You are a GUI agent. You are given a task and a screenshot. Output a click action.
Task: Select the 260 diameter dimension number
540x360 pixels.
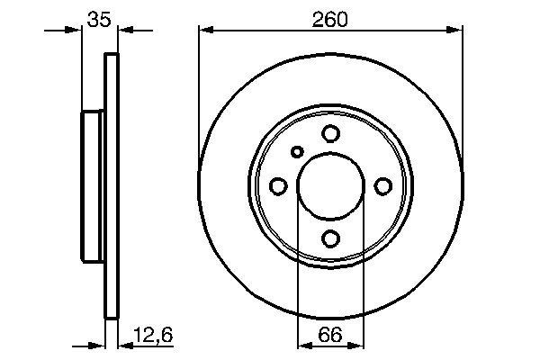click(330, 17)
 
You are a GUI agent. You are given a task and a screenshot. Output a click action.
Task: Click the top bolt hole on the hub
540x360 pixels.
click(330, 134)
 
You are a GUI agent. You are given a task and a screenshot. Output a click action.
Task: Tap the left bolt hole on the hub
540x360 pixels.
click(278, 185)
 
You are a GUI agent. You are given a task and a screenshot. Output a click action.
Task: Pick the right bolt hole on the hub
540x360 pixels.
click(382, 185)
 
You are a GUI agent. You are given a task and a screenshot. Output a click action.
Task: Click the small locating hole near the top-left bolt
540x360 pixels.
click(298, 152)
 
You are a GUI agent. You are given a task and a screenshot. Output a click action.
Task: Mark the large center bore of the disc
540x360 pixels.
click(330, 185)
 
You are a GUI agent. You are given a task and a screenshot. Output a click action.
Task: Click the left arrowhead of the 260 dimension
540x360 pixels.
click(204, 31)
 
